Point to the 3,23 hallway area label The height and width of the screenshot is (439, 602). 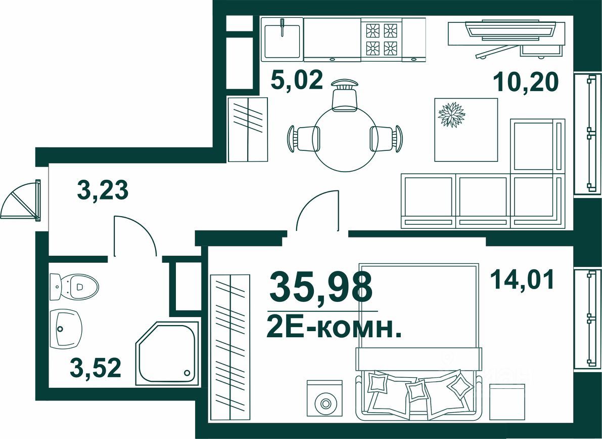tap(103, 190)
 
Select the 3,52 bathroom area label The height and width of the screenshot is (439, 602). tap(96, 368)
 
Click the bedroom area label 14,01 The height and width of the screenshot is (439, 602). tap(522, 280)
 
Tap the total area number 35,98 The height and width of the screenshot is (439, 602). tap(321, 287)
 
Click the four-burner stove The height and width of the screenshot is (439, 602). tap(381, 39)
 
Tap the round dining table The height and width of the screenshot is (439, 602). tap(345, 139)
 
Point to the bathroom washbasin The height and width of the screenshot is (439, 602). tap(66, 328)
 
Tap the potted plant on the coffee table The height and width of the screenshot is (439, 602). tap(451, 114)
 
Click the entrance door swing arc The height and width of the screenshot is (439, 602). tap(20, 200)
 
